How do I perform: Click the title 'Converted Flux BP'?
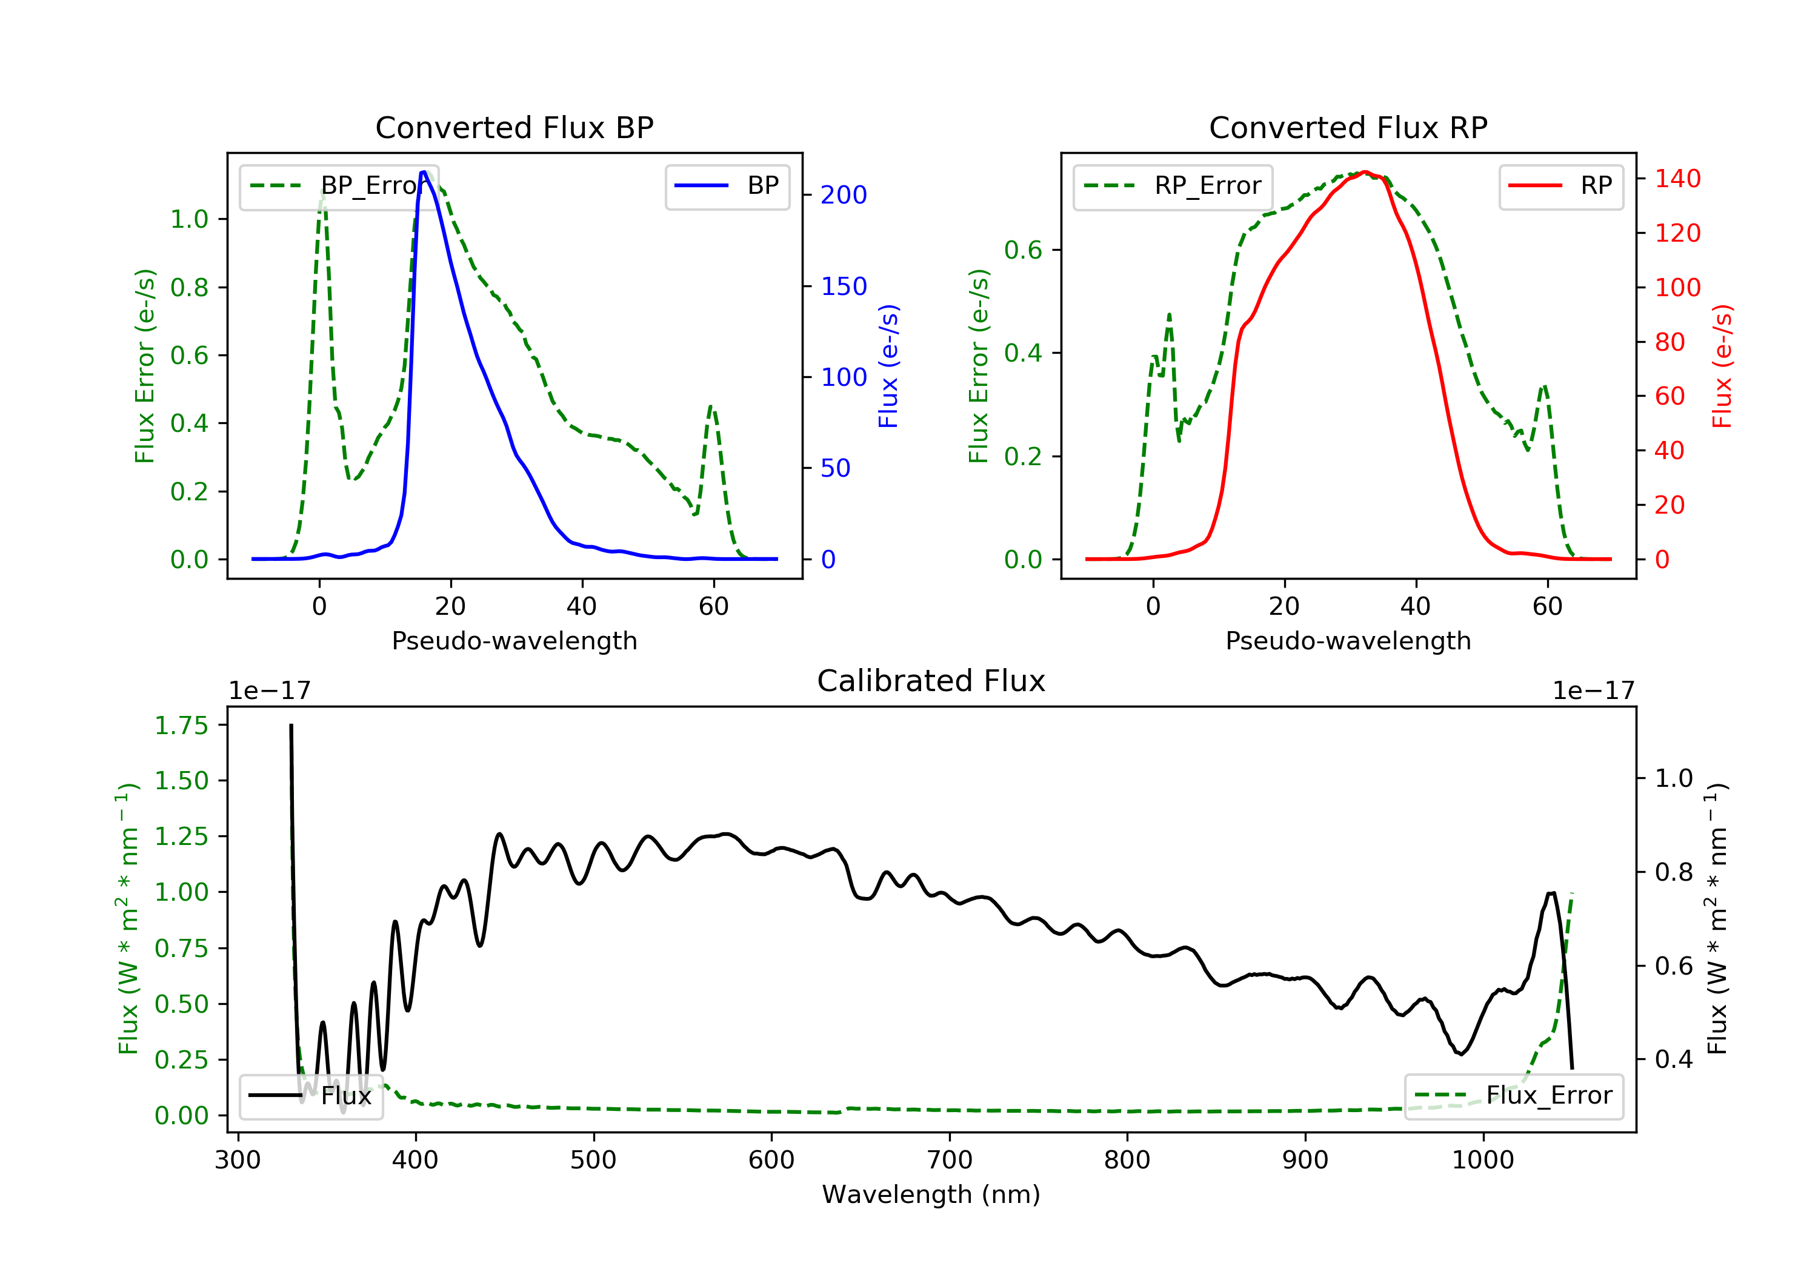514,127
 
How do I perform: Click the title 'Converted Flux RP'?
1348,127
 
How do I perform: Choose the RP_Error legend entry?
1173,186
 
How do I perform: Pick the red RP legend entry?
1560,186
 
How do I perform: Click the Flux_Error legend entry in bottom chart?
1513,1096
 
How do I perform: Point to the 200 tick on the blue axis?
844,194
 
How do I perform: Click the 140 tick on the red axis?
1677,179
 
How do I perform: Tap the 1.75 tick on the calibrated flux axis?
181,725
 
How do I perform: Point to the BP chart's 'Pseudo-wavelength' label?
514,640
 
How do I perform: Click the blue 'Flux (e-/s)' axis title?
888,366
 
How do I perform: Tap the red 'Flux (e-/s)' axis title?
1722,366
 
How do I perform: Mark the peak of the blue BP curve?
424,172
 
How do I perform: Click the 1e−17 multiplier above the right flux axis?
1593,691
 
